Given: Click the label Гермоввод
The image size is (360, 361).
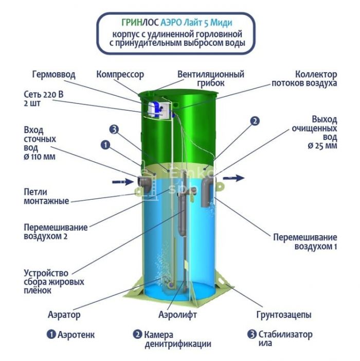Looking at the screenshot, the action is [x=54, y=74].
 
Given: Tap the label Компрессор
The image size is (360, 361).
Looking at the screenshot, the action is [x=120, y=75].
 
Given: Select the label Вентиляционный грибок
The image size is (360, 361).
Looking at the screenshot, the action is [x=210, y=78].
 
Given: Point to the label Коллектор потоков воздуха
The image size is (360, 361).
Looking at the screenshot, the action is [x=304, y=78].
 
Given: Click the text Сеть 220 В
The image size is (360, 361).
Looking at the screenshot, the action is [x=44, y=94].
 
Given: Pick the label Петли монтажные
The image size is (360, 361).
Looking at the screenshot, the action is [x=46, y=196].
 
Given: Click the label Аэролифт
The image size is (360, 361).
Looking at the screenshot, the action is [x=177, y=315].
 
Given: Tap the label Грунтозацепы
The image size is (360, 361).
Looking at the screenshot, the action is [x=284, y=315].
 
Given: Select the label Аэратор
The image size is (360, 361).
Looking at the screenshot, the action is [x=64, y=315].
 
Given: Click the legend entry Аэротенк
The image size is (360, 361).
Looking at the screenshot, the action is [x=70, y=335].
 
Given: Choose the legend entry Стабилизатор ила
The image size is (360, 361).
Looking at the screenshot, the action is [x=280, y=339].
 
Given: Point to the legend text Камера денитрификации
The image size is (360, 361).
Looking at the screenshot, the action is [x=172, y=339].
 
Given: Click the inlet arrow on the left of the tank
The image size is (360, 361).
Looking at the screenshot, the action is [x=123, y=182].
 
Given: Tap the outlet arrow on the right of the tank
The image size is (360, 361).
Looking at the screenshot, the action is [x=233, y=178].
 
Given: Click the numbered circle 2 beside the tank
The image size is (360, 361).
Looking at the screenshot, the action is [x=255, y=121].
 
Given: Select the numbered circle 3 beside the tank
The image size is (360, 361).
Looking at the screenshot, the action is [x=114, y=130].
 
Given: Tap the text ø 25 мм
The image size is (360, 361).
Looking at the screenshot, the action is [x=322, y=146].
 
